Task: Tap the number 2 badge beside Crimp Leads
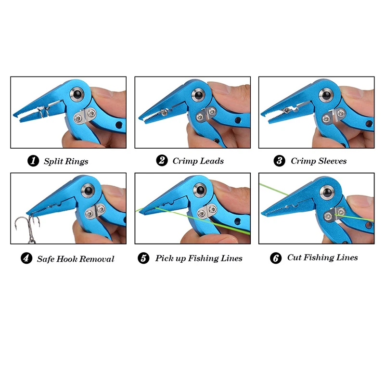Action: pyautogui.click(x=162, y=161)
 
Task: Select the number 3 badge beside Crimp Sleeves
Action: pyautogui.click(x=280, y=161)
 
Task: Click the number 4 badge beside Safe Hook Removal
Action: pyautogui.click(x=26, y=258)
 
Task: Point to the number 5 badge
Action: pyautogui.click(x=143, y=258)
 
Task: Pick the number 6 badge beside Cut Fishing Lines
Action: pyautogui.click(x=276, y=258)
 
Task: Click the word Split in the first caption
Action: pyautogui.click(x=53, y=161)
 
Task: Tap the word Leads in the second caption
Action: pyautogui.click(x=212, y=161)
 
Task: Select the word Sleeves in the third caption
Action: pyautogui.click(x=332, y=161)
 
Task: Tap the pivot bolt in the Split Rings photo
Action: pyautogui.click(x=77, y=94)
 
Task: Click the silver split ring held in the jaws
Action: pyautogui.click(x=42, y=113)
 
